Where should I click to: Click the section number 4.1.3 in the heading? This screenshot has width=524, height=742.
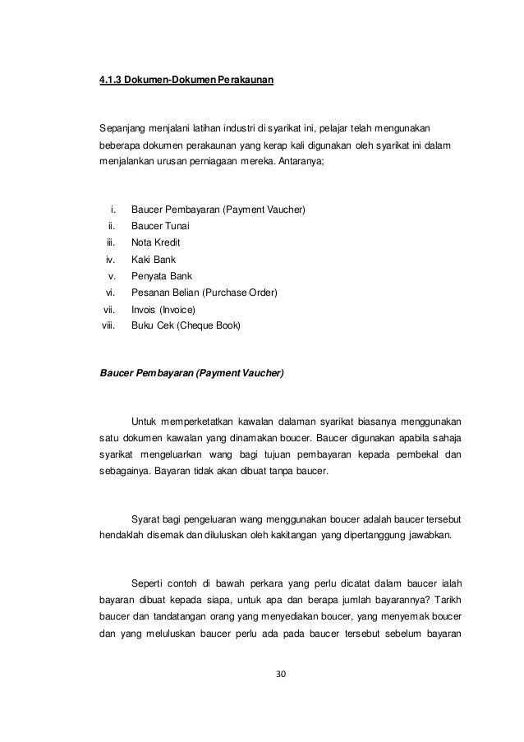click(109, 82)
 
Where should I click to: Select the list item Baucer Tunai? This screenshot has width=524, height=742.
click(161, 226)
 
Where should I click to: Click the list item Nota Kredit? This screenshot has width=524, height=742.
click(156, 243)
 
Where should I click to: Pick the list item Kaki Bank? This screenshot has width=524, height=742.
click(154, 260)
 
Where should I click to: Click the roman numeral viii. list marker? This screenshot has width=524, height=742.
click(107, 326)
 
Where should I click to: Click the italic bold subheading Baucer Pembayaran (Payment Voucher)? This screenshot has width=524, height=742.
click(191, 374)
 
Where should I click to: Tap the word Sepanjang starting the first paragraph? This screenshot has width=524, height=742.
click(121, 128)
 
